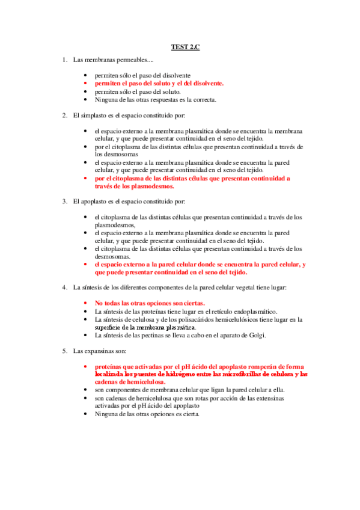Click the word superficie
[110, 327]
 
